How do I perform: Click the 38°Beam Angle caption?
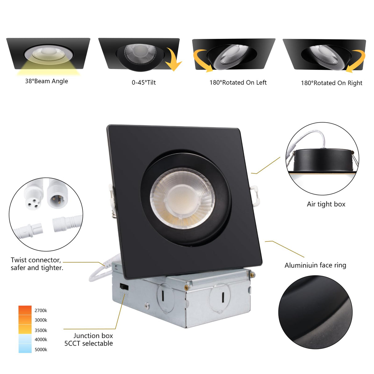pos(47,81)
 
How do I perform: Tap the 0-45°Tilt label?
pos(144,83)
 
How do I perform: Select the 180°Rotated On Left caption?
pos(238,83)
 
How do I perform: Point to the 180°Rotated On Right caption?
pos(331,83)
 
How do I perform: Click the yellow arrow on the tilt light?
pos(173,60)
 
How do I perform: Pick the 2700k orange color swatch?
pos(25,310)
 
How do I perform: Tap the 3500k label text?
pos(41,330)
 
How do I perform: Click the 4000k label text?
pos(41,339)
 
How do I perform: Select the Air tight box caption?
pos(326,204)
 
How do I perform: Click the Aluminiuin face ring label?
pos(315,265)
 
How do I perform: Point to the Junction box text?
pos(93,335)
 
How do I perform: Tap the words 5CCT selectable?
pos(88,344)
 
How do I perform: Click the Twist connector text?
pos(36,260)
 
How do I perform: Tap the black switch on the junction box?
pos(124,287)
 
